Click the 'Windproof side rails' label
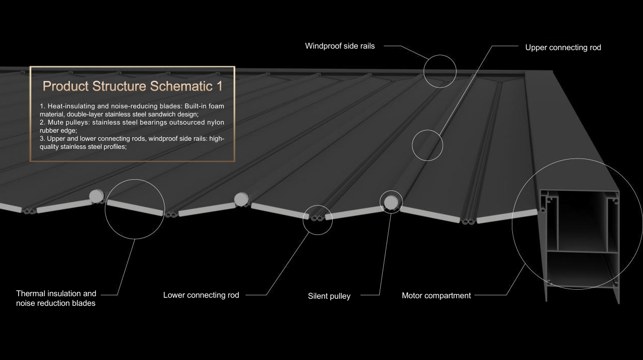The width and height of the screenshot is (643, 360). (340, 46)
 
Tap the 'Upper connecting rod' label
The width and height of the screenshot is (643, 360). (563, 48)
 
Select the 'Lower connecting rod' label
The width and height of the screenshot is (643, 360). (201, 295)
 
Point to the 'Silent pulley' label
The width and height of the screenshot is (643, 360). (329, 296)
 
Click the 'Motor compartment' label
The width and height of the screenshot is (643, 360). (436, 296)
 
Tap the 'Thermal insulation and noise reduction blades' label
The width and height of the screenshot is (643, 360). (56, 298)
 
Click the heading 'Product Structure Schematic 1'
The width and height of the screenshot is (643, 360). (132, 86)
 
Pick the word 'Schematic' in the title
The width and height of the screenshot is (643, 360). (181, 86)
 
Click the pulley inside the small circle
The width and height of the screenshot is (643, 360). (391, 203)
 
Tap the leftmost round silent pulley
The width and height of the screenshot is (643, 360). (96, 196)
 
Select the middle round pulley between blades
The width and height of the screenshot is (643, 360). (241, 199)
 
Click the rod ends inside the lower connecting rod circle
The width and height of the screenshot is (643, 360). (317, 218)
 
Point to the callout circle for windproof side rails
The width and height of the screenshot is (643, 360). (440, 55)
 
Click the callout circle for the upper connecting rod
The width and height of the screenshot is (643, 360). (427, 130)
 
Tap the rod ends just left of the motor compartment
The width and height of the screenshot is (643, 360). (468, 222)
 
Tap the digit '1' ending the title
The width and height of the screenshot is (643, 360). (220, 86)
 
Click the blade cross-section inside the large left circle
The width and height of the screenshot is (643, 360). (135, 208)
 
